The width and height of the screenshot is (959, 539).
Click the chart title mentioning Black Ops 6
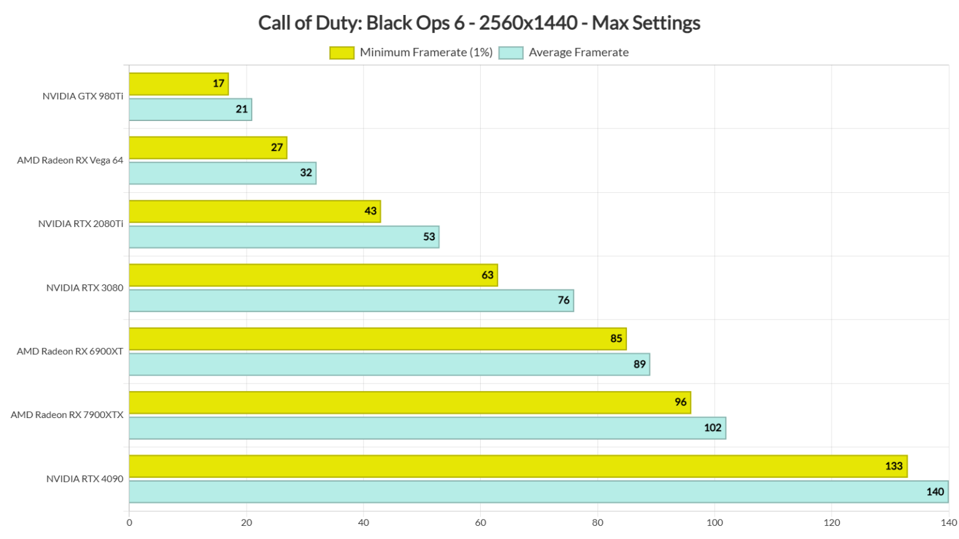click(x=479, y=23)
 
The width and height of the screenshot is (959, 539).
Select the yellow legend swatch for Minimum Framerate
click(x=342, y=53)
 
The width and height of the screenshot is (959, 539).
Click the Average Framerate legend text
click(x=578, y=52)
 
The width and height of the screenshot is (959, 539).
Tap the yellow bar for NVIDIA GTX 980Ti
click(x=179, y=84)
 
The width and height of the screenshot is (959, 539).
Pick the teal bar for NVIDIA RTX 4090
click(x=538, y=492)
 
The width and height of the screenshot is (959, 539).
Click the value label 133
click(x=893, y=466)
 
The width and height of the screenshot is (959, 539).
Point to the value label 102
click(x=712, y=428)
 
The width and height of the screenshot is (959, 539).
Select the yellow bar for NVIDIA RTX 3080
click(x=313, y=275)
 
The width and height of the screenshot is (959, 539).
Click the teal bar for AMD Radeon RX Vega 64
click(x=222, y=173)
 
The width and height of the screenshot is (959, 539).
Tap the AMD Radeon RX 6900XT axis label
click(x=70, y=351)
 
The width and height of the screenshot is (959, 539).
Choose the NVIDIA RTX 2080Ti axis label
click(x=81, y=224)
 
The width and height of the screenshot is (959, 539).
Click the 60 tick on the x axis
click(x=481, y=523)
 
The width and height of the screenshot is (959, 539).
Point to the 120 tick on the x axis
click(x=832, y=523)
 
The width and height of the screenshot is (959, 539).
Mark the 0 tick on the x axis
click(x=129, y=523)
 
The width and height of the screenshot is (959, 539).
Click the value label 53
click(x=429, y=237)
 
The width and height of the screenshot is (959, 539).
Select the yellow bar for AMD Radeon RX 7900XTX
click(x=410, y=402)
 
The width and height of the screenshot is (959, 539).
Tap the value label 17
click(x=219, y=84)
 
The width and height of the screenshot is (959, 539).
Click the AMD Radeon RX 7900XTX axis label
click(x=67, y=415)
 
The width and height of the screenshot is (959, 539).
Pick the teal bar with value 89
click(x=389, y=364)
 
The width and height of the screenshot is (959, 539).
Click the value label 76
click(x=563, y=301)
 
